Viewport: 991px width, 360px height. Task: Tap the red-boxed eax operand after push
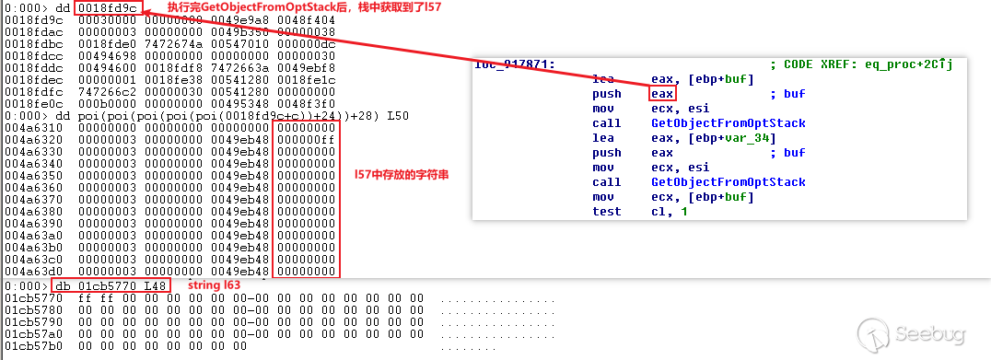click(x=662, y=94)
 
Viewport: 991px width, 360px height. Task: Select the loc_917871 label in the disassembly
click(x=515, y=64)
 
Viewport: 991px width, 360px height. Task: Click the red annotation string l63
click(x=215, y=286)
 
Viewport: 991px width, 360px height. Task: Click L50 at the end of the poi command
click(x=398, y=116)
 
